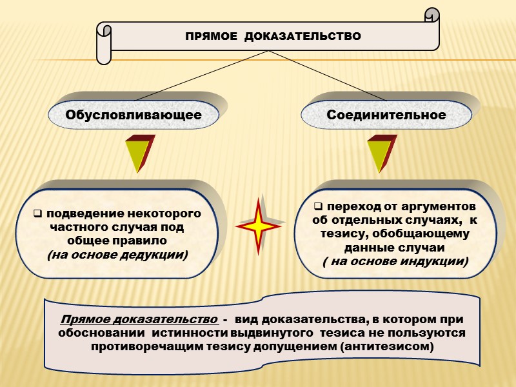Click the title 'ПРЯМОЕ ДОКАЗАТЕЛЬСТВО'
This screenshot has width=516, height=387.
click(273, 35)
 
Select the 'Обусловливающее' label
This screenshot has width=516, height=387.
click(134, 115)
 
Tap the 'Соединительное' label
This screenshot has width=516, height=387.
click(386, 115)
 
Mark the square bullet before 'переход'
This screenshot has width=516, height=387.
click(318, 207)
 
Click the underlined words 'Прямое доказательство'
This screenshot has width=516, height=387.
click(138, 320)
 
